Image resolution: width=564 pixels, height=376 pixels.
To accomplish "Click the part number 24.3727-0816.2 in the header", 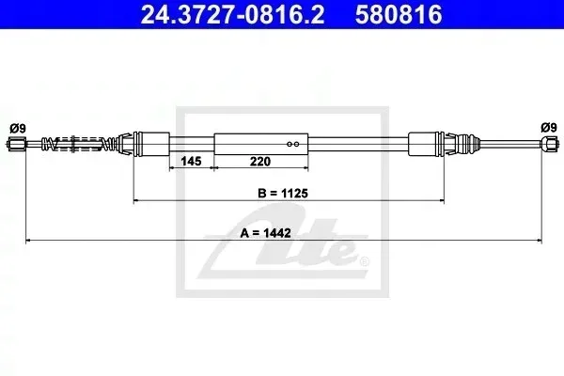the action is [232, 15].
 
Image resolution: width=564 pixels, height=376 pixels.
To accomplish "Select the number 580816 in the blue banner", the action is [399, 15].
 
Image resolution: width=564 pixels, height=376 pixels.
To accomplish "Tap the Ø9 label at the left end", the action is [18, 128].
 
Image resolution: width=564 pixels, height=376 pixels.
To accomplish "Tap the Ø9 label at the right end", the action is [549, 127].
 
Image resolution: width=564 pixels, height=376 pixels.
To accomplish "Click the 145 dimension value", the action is [191, 161].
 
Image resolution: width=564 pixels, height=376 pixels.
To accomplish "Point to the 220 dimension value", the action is [260, 161].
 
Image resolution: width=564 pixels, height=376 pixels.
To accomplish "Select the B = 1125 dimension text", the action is [283, 194].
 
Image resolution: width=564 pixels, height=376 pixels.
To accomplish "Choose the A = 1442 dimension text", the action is [265, 233].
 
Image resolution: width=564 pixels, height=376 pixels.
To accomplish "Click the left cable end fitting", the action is [17, 145].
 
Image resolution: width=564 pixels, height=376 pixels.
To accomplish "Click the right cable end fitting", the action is [550, 144].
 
